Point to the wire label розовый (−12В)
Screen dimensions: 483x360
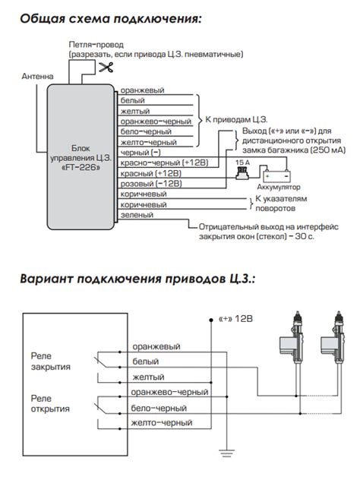[152, 184]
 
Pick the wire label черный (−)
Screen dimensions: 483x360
[145, 152]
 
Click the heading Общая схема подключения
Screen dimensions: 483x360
[111, 17]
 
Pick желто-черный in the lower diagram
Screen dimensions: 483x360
[163, 423]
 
